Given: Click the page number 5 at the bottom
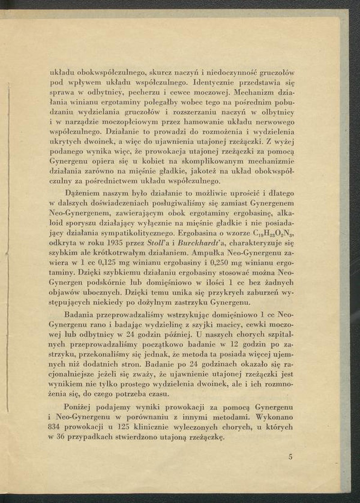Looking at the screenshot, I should tap(290, 457).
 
